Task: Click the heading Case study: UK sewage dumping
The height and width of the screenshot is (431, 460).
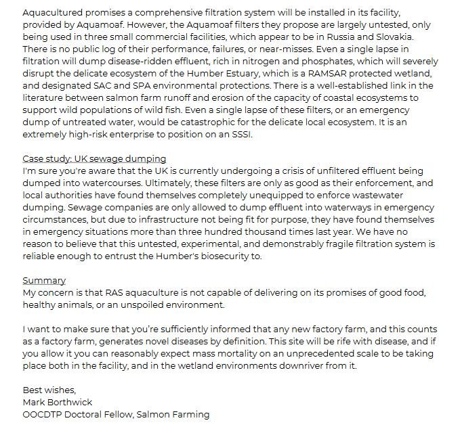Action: (93, 158)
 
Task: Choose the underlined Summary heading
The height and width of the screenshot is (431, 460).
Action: (44, 280)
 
